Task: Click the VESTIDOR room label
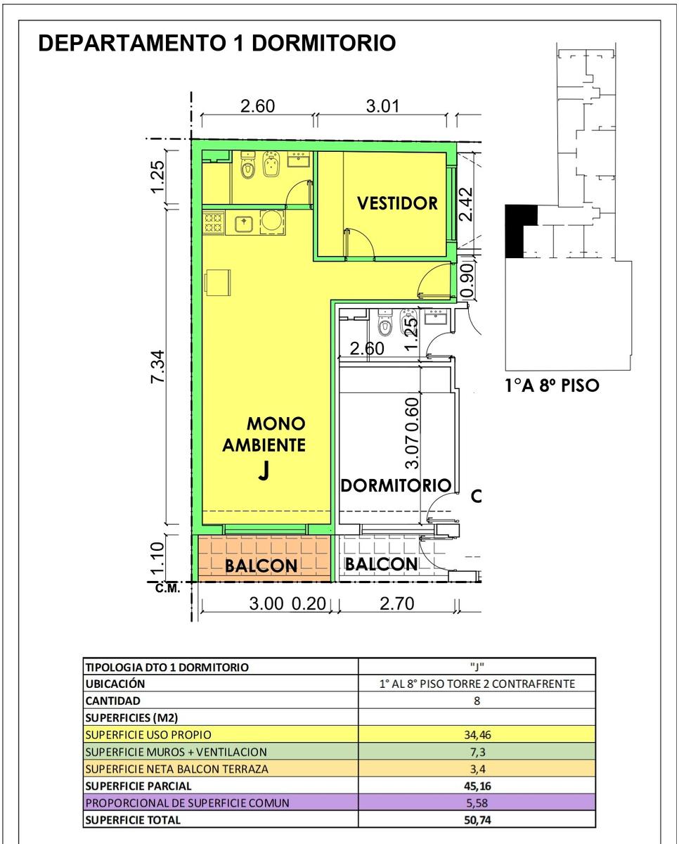click(397, 203)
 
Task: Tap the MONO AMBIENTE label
click(264, 434)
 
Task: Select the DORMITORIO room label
click(396, 485)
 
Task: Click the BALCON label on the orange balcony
click(261, 565)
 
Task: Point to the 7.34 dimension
click(159, 366)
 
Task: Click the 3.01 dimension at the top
click(382, 106)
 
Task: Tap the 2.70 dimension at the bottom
click(396, 603)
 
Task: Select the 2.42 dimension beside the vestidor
click(467, 205)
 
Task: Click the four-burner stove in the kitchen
click(214, 223)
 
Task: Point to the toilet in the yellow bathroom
click(247, 167)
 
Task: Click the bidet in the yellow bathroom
click(270, 165)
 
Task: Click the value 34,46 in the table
click(477, 734)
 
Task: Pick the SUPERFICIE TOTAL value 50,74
click(477, 820)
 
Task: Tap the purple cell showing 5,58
click(477, 803)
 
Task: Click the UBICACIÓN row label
click(115, 684)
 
